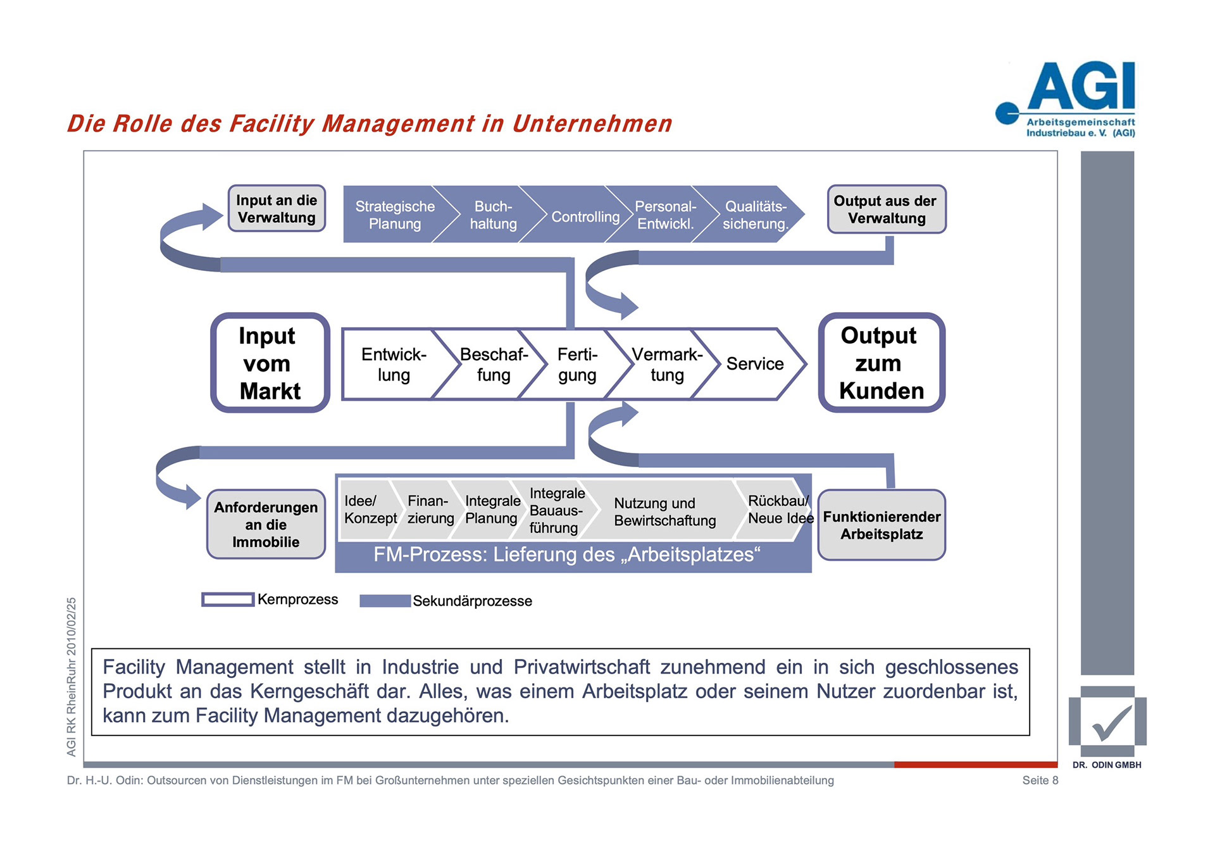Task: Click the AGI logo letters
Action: (1081, 87)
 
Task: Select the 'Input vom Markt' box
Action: (270, 363)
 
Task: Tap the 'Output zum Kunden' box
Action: (881, 363)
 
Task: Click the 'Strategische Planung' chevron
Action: (394, 215)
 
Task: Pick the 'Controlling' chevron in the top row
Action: (585, 216)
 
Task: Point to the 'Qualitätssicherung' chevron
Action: (755, 215)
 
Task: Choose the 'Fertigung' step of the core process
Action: (576, 365)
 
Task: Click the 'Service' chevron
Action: (754, 364)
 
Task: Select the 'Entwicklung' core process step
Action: (394, 365)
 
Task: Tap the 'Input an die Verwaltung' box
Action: (277, 209)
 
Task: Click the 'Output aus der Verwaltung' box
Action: (886, 210)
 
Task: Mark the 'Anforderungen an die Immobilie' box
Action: (266, 525)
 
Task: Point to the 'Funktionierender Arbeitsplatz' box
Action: (882, 525)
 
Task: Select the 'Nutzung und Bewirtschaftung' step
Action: (664, 511)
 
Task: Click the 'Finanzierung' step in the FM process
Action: (430, 510)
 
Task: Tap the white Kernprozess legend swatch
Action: (228, 599)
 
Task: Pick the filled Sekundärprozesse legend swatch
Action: (385, 601)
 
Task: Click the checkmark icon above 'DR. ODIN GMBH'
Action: (1109, 723)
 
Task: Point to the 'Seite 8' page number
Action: (1040, 781)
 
